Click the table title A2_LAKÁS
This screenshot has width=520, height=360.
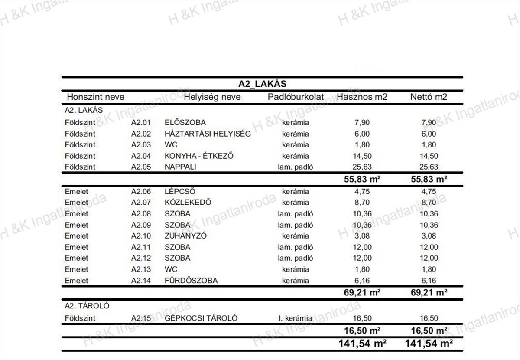[x=262, y=84]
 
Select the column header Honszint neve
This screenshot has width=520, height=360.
[x=95, y=97]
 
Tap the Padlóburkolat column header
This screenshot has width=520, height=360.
[x=296, y=97]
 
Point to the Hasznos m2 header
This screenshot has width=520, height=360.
[x=362, y=97]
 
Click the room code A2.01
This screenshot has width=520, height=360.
[x=141, y=123]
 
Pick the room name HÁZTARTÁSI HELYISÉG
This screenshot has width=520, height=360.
[x=208, y=134]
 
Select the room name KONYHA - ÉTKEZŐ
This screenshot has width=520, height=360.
[x=199, y=156]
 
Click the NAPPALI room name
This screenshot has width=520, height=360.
[x=180, y=167]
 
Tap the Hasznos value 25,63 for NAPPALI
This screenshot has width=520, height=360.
[x=362, y=167]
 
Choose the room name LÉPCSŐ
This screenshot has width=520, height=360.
[x=180, y=192]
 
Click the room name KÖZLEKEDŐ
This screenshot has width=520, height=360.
[x=188, y=203]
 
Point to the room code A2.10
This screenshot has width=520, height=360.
[x=141, y=236]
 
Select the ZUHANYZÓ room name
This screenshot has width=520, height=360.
[x=185, y=236]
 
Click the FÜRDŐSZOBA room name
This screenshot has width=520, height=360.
[x=191, y=281]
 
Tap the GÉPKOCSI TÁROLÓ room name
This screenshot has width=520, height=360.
[x=201, y=318]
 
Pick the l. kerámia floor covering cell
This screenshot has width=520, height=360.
[x=295, y=318]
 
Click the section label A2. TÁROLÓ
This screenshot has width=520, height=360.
[x=87, y=306]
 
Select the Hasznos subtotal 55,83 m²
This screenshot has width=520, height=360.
[x=362, y=179]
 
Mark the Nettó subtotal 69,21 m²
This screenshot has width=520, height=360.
[x=429, y=293]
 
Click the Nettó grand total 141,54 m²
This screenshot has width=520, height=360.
[x=429, y=344]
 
